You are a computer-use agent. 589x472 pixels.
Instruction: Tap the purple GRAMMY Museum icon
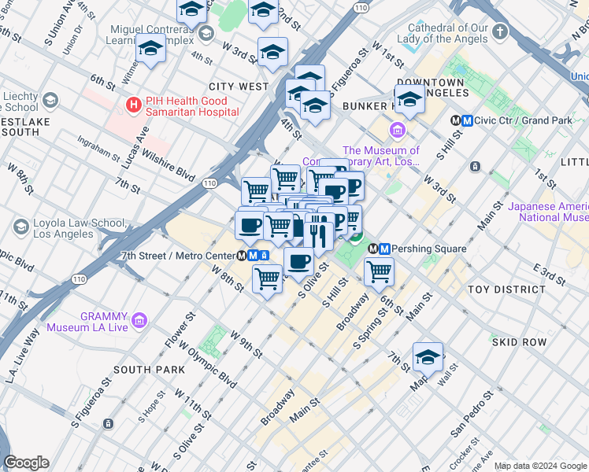coord(140,319)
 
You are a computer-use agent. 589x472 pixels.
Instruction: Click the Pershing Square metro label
coord(425,249)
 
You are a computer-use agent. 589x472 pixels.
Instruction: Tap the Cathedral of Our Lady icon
coord(500,32)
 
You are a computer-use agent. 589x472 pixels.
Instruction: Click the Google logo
coord(26,463)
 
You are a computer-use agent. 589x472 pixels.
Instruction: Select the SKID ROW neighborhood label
coord(519,342)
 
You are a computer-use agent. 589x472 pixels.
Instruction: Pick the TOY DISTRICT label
coord(506,289)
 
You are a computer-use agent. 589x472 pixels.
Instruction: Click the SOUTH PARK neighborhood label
coord(149,370)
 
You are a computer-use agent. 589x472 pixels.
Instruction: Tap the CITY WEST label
coord(239,86)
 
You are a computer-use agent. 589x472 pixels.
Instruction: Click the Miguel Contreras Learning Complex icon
coord(206,32)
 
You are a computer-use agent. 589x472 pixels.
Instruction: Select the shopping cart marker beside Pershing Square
coord(380,271)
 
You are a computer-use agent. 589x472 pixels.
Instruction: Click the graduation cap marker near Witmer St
coord(150,48)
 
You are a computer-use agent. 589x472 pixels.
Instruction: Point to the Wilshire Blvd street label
coord(168,163)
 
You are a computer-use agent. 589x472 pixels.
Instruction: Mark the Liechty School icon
coord(50,101)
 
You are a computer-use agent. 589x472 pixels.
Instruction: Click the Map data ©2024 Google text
coord(539,466)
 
